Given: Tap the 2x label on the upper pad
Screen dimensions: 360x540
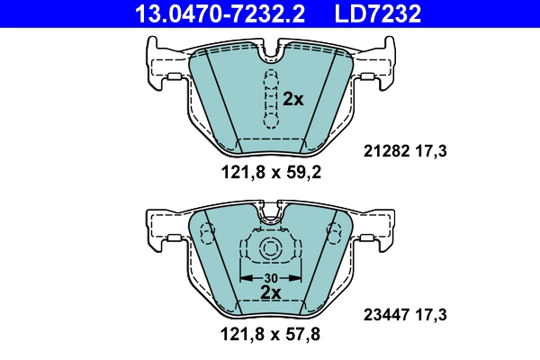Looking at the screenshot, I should tap(293, 100).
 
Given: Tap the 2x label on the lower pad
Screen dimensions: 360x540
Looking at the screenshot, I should tap(270, 292).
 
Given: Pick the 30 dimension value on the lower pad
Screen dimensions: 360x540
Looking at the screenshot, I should tap(270, 276).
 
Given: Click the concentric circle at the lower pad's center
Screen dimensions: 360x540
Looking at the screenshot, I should tap(270, 251).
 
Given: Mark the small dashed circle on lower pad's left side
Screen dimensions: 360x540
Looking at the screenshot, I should tap(208, 236).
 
